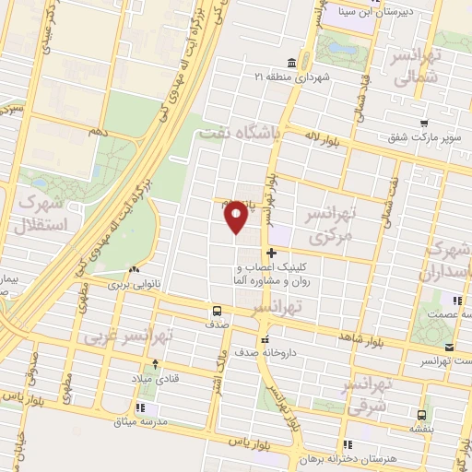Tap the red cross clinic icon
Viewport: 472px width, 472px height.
click(x=271, y=254)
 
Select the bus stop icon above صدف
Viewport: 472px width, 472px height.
click(x=217, y=311)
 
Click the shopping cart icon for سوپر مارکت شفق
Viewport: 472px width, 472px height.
click(x=422, y=124)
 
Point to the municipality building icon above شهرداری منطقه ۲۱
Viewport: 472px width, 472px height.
click(x=291, y=63)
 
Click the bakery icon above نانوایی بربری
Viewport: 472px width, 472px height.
click(x=135, y=270)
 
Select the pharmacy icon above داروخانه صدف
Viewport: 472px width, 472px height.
click(x=265, y=337)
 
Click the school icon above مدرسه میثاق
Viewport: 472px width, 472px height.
click(x=140, y=406)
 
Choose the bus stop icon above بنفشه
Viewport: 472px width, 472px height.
click(x=421, y=414)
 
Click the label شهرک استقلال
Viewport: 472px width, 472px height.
click(x=40, y=212)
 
